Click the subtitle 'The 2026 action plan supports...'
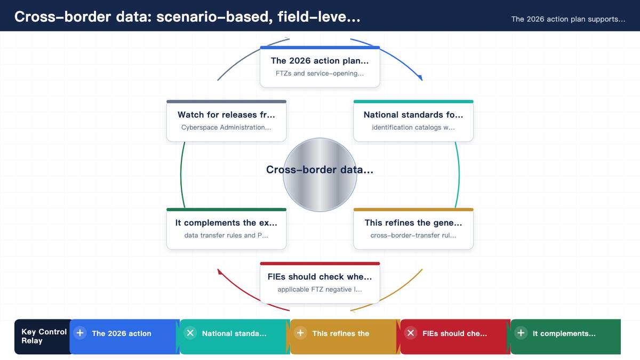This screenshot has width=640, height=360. click(x=568, y=19)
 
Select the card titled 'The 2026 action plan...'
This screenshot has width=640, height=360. click(x=319, y=67)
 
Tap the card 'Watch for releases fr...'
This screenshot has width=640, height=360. click(x=226, y=121)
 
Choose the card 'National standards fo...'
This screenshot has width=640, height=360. click(x=413, y=121)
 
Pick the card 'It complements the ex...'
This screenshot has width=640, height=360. click(x=226, y=229)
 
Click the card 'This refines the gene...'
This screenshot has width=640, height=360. click(x=413, y=229)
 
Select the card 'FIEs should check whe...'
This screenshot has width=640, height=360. click(x=319, y=283)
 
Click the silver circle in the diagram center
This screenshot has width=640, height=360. click(x=319, y=175)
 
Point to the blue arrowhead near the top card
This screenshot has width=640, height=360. click(x=420, y=77)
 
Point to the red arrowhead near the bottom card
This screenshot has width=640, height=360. click(x=220, y=271)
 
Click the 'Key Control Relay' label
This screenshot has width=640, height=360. click(x=44, y=337)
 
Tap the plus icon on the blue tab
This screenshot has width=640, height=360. click(x=80, y=333)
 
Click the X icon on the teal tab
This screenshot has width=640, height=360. click(x=190, y=333)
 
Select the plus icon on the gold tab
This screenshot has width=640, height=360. click(x=300, y=333)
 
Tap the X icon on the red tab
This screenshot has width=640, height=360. click(x=411, y=333)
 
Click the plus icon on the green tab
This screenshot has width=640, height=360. click(x=521, y=333)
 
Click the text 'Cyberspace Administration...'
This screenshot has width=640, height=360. click(x=226, y=127)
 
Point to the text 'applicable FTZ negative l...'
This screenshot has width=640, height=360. click(x=319, y=290)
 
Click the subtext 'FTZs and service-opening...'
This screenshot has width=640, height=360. click(x=319, y=74)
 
